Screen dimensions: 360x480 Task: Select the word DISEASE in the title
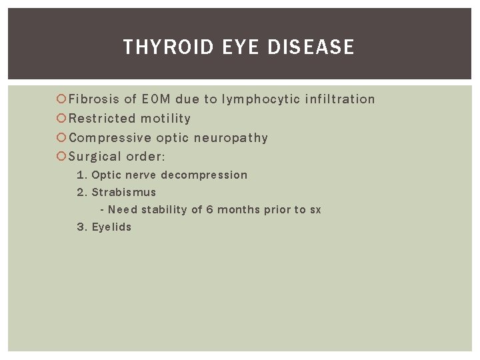(311, 47)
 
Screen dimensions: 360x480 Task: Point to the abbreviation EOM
(156, 99)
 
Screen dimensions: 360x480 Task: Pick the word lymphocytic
(261, 99)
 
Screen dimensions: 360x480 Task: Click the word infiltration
(340, 99)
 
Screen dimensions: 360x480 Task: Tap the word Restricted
(102, 119)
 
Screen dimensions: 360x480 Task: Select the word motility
(165, 119)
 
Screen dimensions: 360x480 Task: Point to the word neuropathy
(231, 138)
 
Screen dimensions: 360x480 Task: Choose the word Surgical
(96, 157)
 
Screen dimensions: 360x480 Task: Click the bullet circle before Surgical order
(61, 157)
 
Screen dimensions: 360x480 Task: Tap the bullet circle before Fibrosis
(61, 99)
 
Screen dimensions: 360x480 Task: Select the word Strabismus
(123, 192)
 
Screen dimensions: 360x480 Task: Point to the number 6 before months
(209, 209)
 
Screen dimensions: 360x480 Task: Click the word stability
(164, 209)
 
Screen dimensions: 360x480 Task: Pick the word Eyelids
(111, 227)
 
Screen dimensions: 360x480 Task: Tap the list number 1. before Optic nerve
(81, 175)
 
